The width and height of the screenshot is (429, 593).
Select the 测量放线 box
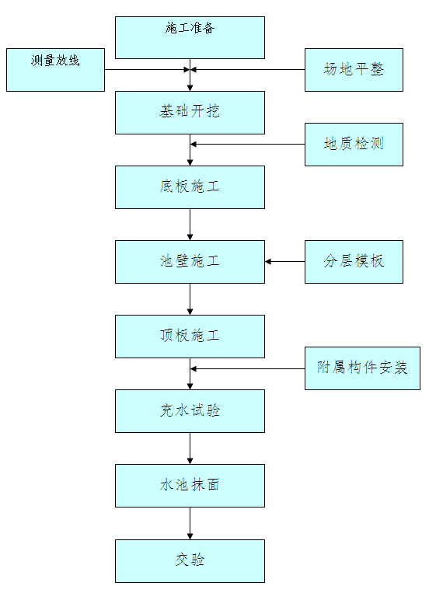tap(55, 70)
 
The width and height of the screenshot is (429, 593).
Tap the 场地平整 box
tap(354, 70)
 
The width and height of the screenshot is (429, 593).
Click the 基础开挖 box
tap(190, 113)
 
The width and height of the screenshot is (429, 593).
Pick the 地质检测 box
tap(354, 144)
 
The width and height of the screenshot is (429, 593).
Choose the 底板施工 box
tap(190, 187)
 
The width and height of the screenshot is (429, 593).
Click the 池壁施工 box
tap(190, 262)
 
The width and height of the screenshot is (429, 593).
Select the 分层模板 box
tap(354, 262)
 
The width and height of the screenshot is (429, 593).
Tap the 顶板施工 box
tap(190, 337)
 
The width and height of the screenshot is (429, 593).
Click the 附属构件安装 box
tap(362, 368)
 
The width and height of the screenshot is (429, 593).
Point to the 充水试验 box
tap(190, 411)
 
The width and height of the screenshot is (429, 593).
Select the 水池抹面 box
tap(190, 486)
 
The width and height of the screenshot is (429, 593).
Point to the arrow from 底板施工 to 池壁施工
tap(190, 225)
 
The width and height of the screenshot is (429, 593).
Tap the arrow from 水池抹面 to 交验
tap(190, 524)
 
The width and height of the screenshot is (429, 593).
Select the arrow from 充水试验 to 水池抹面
tap(190, 448)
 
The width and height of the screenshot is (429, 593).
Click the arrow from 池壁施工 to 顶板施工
tap(190, 299)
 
